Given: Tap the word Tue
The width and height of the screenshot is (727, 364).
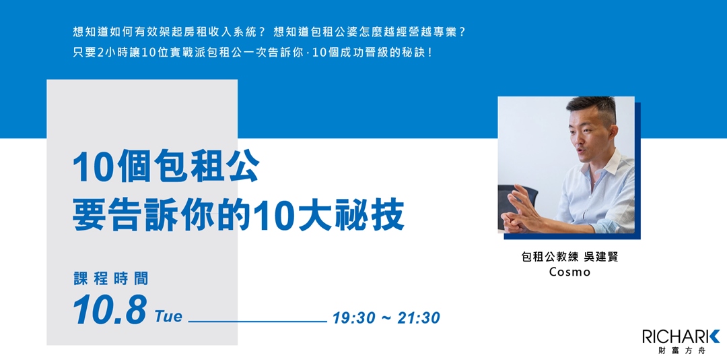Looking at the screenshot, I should tap(168, 316).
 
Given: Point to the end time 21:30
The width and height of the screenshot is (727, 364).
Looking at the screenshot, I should tap(418, 317).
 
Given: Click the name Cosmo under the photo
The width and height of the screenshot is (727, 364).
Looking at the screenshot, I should tap(569, 272).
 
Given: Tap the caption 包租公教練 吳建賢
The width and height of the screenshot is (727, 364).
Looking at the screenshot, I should tap(569, 257).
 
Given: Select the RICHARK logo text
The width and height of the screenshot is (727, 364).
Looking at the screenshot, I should tap(680, 336).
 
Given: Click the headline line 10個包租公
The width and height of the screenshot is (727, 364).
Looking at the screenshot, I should tap(166, 168).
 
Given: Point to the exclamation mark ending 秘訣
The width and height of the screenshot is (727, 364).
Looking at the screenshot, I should tap(429, 53).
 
